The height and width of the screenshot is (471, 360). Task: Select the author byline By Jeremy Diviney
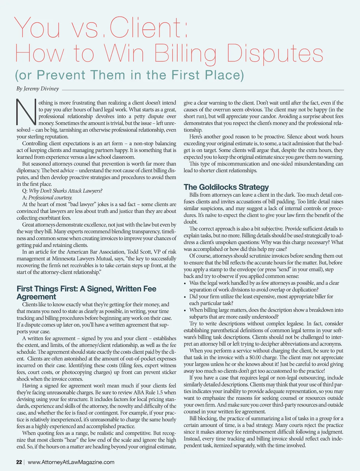click(38, 89)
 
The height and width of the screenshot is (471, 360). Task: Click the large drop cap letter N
click(26, 111)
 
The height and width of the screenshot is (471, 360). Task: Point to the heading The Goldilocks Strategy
click(226, 187)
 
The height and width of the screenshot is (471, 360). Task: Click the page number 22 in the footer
click(19, 462)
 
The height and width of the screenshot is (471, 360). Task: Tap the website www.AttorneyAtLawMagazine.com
click(71, 462)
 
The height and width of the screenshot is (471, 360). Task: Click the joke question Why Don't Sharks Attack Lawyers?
click(66, 191)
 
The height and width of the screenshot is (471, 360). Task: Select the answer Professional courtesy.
click(50, 198)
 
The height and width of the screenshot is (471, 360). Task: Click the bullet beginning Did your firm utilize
click(261, 297)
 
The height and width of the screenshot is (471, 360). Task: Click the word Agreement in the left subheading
click(36, 297)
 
